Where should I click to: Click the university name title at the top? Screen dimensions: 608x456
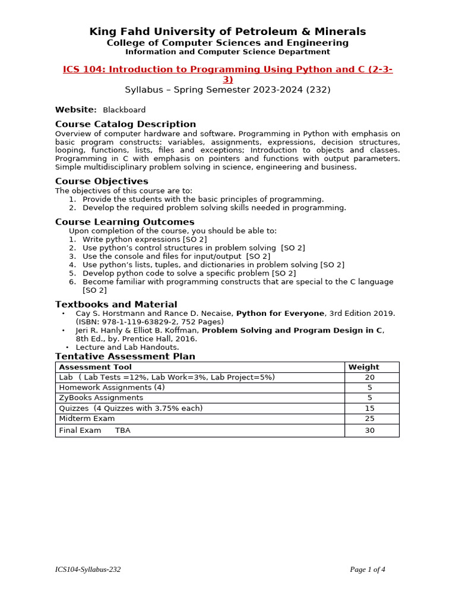227,31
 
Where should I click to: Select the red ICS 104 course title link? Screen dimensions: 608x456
227,69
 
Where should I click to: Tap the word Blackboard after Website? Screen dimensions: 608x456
124,110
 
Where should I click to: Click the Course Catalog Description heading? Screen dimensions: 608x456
125,124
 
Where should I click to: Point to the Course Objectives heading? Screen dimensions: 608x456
102,181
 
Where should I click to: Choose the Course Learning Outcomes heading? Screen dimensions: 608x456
125,222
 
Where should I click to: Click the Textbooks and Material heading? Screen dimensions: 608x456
116,305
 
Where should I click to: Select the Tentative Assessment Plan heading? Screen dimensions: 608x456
125,356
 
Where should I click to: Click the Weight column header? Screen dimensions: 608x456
363,367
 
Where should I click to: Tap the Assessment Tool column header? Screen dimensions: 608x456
95,367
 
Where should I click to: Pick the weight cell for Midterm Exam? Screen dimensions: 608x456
370,419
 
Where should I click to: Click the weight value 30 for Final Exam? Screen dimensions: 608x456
370,430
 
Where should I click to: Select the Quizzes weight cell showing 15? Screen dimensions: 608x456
370,408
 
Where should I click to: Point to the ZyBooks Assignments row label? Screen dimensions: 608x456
101,398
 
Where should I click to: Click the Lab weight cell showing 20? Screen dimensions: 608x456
370,378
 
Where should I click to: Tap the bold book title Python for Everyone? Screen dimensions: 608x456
280,313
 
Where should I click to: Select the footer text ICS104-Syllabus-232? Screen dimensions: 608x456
88,569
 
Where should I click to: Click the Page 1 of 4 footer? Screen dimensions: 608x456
368,569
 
